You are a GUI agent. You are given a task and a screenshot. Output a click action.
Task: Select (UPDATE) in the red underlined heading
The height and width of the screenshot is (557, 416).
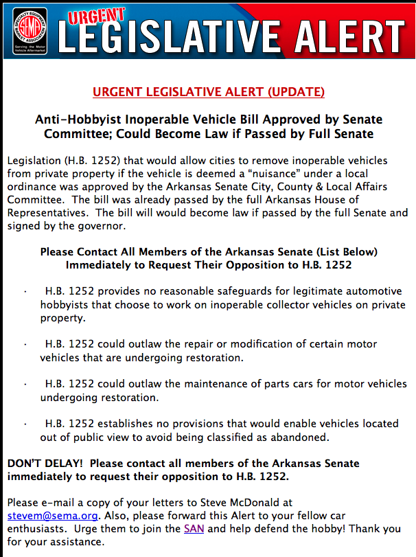[x=296, y=92]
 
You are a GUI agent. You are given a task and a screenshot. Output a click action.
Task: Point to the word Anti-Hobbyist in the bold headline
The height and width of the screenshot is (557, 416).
[x=73, y=119]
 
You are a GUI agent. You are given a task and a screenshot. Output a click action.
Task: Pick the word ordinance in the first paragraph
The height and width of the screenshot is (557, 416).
[x=32, y=186]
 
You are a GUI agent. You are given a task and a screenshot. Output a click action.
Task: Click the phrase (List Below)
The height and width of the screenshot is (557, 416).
[x=344, y=252]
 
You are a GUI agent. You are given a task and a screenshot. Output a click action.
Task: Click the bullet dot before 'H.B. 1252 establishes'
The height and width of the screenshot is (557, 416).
[x=25, y=424]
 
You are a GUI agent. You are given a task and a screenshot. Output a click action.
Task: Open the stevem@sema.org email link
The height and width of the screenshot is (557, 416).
[x=53, y=515]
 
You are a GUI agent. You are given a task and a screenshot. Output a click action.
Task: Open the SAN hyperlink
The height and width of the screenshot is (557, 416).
[x=193, y=529]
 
